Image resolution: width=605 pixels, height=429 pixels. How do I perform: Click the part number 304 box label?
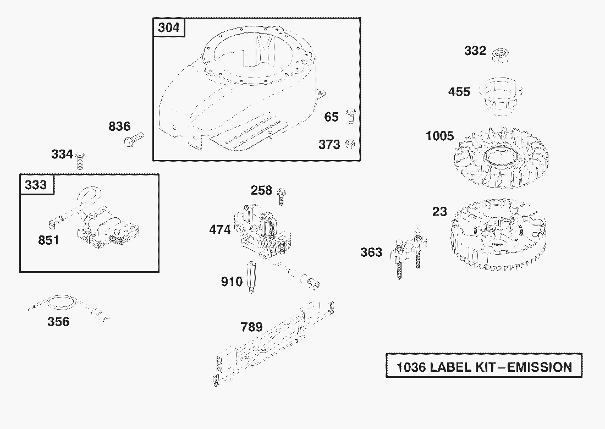169,28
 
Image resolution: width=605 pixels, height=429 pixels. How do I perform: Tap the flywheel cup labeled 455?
501,96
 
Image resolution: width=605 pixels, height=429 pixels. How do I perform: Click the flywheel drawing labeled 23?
498,236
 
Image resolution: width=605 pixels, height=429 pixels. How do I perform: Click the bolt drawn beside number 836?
134,139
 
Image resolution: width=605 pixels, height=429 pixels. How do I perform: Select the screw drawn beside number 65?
351,116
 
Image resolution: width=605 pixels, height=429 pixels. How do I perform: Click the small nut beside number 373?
350,144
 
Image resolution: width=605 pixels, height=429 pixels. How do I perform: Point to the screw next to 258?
281,196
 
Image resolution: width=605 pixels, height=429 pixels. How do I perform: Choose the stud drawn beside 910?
251,277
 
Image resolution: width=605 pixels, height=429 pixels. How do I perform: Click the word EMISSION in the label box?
540,367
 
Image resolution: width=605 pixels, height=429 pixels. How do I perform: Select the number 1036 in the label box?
411,367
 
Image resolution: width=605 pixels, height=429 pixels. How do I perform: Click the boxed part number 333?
36,185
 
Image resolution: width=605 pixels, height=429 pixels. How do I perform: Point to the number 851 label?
48,240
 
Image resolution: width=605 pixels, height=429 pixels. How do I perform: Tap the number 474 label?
220,230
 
